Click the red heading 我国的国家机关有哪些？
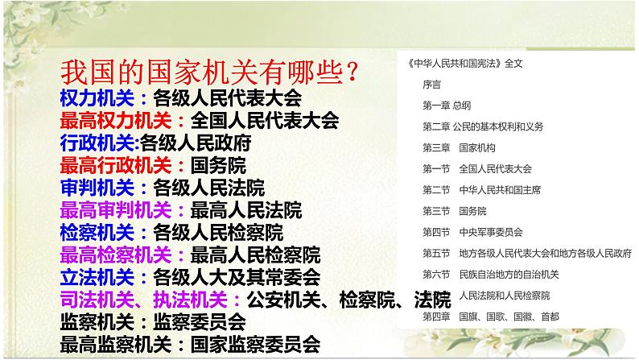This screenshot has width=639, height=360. pos(210,73)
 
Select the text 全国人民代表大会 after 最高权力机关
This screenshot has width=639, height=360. pos(262,121)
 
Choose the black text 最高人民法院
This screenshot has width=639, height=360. pos(245,211)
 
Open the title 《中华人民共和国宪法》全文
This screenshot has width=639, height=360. pos(460,62)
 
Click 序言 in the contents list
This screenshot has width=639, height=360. pos(431,83)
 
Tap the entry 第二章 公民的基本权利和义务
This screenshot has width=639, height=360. pos(483,126)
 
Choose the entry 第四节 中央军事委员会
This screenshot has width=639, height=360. pos(472,232)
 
